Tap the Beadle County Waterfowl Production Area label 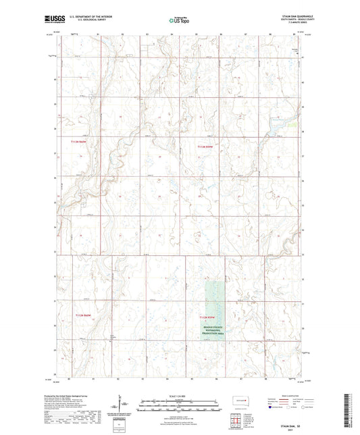[x=217, y=329]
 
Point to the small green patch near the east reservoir [x=291, y=124]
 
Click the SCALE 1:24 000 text [x=179, y=396]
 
